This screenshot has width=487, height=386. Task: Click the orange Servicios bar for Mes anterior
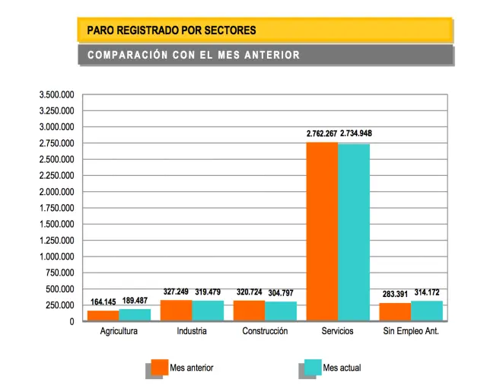(322, 231)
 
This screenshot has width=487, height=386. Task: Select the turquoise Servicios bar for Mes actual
(354, 232)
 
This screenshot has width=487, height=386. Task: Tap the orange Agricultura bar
(103, 316)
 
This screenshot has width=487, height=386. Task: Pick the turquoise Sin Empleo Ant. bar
(427, 311)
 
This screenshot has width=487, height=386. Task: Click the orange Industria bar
(176, 311)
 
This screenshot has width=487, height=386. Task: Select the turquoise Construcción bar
(281, 311)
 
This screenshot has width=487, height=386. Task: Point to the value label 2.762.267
(322, 134)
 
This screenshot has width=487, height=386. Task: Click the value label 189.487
(135, 299)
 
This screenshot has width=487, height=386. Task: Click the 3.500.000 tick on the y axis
(57, 94)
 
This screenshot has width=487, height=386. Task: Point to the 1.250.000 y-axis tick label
(57, 241)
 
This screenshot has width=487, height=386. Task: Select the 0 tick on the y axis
(72, 322)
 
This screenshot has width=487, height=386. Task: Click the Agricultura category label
(119, 332)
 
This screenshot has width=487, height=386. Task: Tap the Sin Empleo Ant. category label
(412, 332)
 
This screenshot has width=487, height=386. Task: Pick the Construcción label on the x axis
(265, 332)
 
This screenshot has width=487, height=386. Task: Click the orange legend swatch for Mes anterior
(159, 367)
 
